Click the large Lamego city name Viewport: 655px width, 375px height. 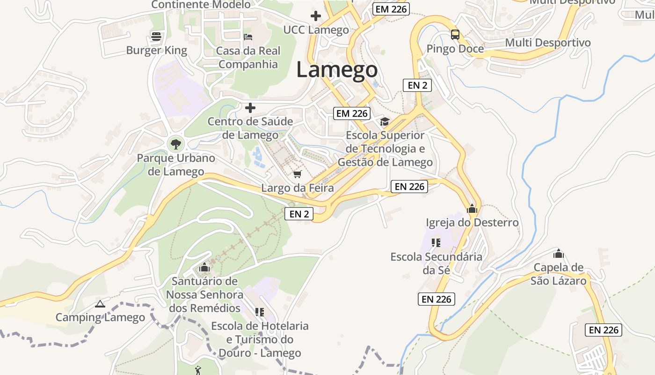(x=337, y=70)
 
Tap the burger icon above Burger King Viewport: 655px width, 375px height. (x=156, y=36)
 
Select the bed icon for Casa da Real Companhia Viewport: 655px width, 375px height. (x=248, y=36)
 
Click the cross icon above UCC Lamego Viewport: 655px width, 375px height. (x=316, y=16)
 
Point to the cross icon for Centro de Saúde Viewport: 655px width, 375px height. (x=250, y=108)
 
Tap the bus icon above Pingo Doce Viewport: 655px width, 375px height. (x=455, y=34)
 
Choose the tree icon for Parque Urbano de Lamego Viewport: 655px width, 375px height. (x=175, y=143)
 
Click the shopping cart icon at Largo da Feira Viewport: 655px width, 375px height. (x=297, y=174)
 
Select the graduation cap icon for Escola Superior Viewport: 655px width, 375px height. (x=385, y=122)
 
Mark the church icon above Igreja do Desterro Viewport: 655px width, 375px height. (x=472, y=208)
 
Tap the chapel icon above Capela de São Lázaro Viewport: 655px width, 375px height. (x=558, y=254)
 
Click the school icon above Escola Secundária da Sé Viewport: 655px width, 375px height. (x=436, y=242)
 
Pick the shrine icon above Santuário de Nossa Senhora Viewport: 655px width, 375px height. (x=204, y=268)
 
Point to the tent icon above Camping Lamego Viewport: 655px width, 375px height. (x=100, y=304)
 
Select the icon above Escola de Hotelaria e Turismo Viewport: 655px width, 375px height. (x=260, y=312)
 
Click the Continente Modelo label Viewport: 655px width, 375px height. (x=201, y=5)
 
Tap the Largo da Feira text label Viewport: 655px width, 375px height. (x=298, y=188)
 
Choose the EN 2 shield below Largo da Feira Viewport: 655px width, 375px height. (x=299, y=214)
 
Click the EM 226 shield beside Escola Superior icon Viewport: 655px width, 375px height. (x=352, y=113)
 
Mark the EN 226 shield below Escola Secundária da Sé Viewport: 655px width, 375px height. (x=436, y=299)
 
